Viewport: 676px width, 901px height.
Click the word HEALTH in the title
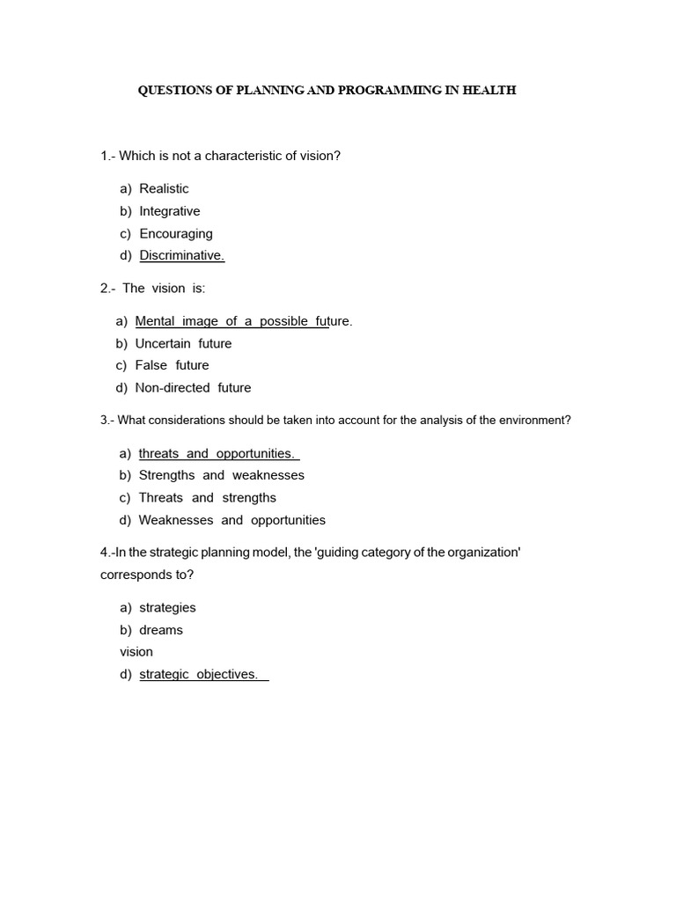[x=491, y=91]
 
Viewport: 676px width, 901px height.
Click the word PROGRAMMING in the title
[x=390, y=91]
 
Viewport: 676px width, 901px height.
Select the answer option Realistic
[x=164, y=188]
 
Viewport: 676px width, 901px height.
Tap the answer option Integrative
[x=169, y=211]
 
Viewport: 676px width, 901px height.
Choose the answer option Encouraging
[x=176, y=234]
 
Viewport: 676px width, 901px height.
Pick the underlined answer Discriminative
[x=182, y=256]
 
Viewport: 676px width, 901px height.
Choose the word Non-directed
[x=173, y=387]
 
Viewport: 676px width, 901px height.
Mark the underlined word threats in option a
[x=158, y=454]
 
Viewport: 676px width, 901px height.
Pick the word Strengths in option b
[x=167, y=475]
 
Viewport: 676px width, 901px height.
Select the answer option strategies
[x=167, y=608]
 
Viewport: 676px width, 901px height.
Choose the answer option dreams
[x=161, y=630]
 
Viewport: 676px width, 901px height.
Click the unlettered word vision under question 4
[x=136, y=652]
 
